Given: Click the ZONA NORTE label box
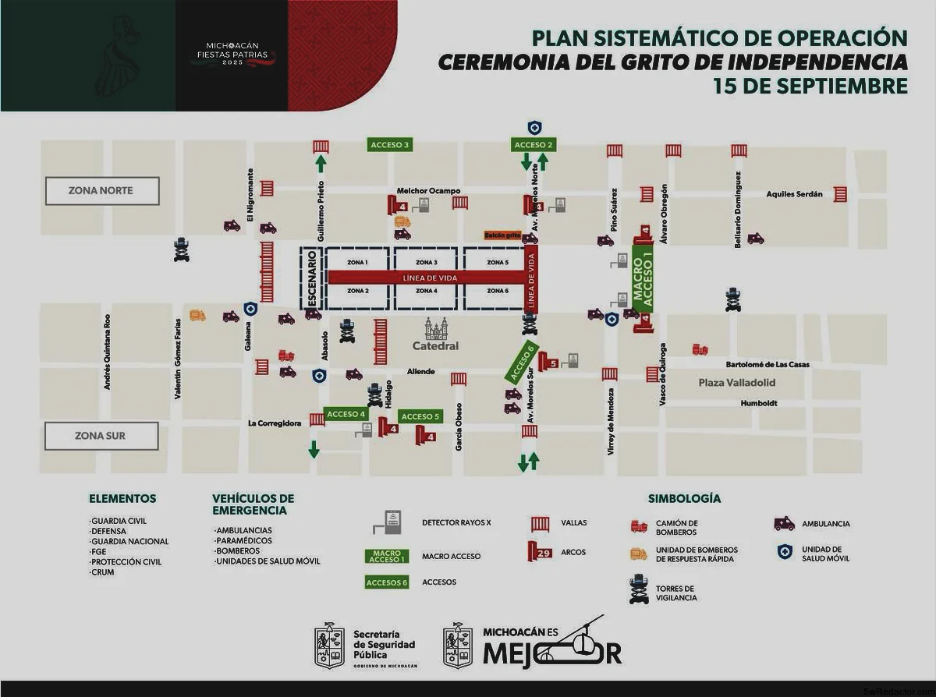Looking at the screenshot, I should click(101, 191).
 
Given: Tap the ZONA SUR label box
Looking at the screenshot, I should click(101, 436).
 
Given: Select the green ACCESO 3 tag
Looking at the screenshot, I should click(390, 145).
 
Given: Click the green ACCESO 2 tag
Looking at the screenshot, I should click(534, 145).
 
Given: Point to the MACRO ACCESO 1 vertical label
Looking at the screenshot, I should click(643, 278).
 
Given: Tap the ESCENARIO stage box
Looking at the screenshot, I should click(311, 278).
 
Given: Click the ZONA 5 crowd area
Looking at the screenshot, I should click(495, 263).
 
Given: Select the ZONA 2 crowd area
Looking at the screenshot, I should click(357, 292).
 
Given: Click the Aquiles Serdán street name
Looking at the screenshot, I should click(795, 194).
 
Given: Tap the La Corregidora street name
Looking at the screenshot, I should click(274, 423).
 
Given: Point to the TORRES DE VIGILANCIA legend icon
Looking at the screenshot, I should click(640, 592).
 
